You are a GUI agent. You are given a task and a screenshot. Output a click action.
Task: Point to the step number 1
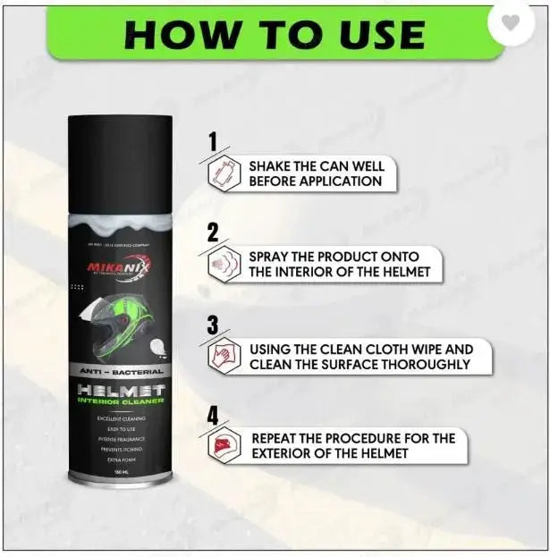pos(212,141)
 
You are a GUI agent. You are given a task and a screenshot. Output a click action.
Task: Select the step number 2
pos(212,233)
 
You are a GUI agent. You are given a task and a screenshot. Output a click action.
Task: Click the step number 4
pos(212,416)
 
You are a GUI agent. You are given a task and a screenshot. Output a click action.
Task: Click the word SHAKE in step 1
pos(272,166)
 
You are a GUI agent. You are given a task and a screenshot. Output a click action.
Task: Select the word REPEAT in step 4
pos(279,438)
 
